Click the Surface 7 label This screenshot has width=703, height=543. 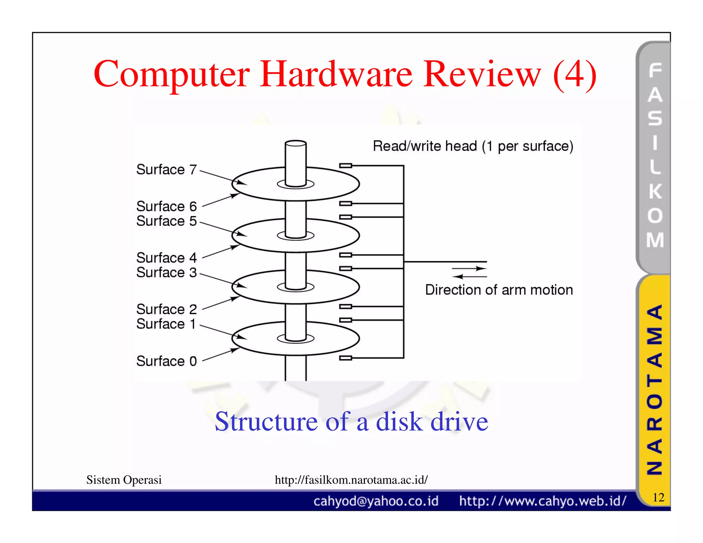pos(166,170)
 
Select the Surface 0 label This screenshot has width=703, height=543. pos(166,361)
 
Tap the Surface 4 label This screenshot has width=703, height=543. pos(166,258)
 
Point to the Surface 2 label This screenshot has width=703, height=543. pos(166,309)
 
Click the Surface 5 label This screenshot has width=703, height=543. pos(166,221)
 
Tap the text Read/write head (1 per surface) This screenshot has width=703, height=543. pos(473,146)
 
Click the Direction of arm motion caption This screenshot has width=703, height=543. pos(499,290)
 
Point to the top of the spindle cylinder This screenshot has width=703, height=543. pos(296,143)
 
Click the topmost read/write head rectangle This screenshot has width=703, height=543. pos(346,166)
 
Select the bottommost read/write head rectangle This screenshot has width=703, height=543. pos(346,358)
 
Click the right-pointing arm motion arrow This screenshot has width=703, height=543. pos(470,268)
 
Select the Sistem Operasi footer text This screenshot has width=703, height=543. pos(124,480)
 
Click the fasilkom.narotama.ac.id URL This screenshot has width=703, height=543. pos(351,480)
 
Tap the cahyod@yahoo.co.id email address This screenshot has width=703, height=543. pos(376,501)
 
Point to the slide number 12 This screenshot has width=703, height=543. pos(658,497)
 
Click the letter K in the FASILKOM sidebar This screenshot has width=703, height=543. pos(655,191)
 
